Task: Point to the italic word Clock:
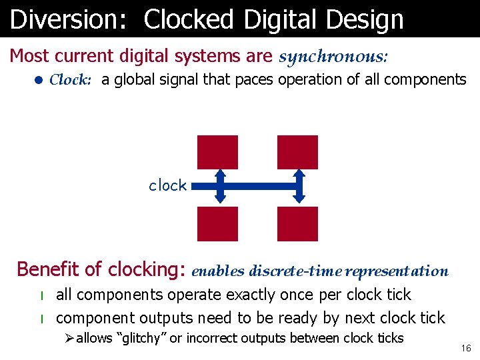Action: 70,80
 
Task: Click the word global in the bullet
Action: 133,80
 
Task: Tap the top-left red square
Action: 217,152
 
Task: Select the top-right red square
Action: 297,152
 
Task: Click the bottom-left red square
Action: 217,223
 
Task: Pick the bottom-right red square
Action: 297,223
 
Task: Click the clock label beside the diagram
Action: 167,185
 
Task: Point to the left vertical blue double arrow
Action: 221,186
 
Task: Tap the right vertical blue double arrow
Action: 299,186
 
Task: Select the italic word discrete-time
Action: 295,271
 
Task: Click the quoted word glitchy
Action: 141,338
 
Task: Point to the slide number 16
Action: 466,349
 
